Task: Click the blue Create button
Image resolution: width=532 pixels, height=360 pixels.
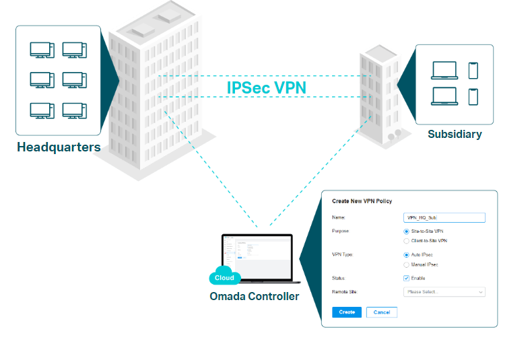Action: pos(347,312)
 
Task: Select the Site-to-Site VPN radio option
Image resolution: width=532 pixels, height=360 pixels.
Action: pos(406,231)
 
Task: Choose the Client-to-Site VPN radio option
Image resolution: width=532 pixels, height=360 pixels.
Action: pos(406,240)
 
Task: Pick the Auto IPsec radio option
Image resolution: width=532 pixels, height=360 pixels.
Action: pos(406,255)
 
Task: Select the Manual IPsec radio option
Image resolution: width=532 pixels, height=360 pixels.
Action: pos(406,264)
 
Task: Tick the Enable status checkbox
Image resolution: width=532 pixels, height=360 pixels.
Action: pos(406,278)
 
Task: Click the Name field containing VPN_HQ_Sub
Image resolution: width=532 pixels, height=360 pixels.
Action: pos(444,217)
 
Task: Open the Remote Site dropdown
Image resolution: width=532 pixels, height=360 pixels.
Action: pos(444,292)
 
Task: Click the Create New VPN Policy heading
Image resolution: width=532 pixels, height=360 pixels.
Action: pos(362,201)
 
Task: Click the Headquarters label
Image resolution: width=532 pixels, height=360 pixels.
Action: pos(59,147)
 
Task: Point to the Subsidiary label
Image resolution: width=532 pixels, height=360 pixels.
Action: pos(455,135)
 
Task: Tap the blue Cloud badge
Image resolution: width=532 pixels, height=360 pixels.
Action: pos(224,277)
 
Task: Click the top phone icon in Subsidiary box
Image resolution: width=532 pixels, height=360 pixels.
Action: pos(473,70)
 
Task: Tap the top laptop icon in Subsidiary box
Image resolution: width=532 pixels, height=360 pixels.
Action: pos(444,71)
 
